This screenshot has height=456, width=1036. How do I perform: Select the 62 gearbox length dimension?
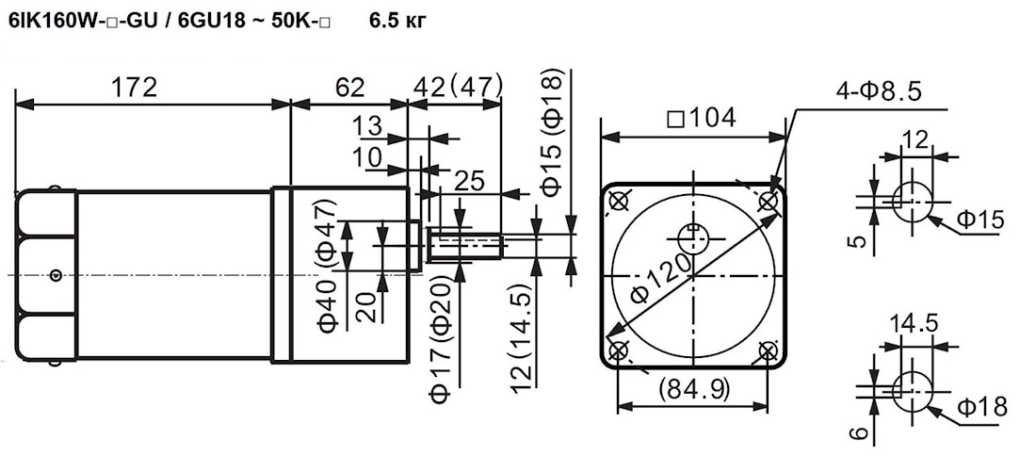pyautogui.click(x=348, y=87)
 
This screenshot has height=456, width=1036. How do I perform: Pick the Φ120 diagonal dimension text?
pyautogui.click(x=662, y=277)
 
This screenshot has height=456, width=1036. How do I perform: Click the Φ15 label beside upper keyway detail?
pyautogui.click(x=980, y=220)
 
